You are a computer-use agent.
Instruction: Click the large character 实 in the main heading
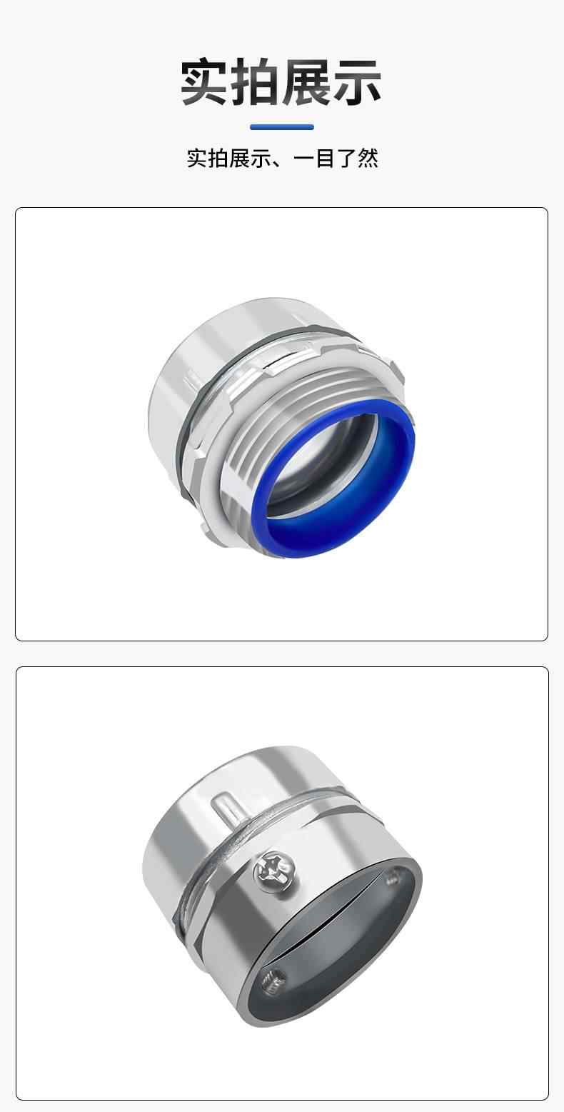pyautogui.click(x=206, y=82)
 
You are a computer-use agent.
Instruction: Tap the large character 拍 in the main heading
pyautogui.click(x=256, y=82)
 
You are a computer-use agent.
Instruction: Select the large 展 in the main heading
pyautogui.click(x=307, y=82)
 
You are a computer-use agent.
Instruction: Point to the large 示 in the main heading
pyautogui.click(x=357, y=82)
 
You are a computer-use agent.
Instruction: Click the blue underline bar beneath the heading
pyautogui.click(x=282, y=127)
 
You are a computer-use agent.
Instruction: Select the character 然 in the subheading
pyautogui.click(x=368, y=159)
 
